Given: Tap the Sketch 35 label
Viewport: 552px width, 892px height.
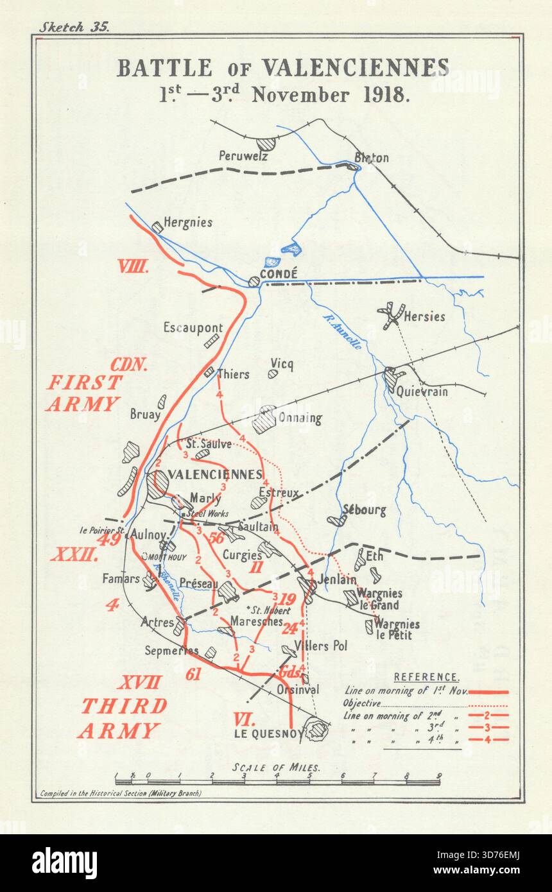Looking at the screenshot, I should (x=74, y=27).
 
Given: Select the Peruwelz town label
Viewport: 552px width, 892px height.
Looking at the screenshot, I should (x=243, y=156).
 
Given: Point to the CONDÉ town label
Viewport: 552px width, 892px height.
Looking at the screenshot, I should (x=278, y=274).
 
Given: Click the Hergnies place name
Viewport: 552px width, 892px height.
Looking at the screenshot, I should (x=187, y=223).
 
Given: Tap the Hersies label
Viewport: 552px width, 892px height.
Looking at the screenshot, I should (x=424, y=316).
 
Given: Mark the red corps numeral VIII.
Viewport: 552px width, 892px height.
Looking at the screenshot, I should (x=133, y=267).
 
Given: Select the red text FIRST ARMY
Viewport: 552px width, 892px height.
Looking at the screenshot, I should (x=83, y=393).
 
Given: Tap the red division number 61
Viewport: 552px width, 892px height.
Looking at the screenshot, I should (x=193, y=674).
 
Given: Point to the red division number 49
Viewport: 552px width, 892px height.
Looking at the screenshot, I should (x=108, y=539).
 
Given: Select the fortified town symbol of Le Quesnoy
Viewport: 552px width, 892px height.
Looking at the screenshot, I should (x=316, y=730).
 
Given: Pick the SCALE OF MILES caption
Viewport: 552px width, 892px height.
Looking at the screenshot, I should (x=277, y=768).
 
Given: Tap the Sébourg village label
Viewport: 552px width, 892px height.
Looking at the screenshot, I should (x=364, y=511).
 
